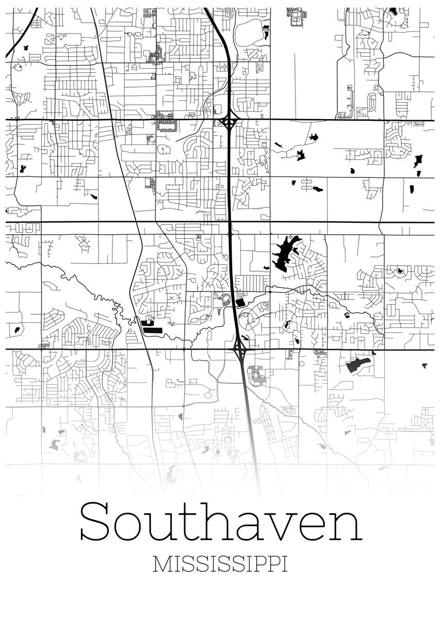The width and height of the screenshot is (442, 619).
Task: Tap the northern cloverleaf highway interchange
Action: [228, 123]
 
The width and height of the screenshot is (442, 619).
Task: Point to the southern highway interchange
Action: [239, 350]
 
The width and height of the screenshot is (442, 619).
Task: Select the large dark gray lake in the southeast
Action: [357, 365]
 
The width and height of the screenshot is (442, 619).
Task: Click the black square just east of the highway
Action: [240, 303]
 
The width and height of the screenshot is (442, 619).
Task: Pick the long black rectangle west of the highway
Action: [152, 328]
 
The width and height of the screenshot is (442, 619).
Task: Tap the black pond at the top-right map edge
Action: [393, 10]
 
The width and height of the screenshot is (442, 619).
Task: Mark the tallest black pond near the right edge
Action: [418, 161]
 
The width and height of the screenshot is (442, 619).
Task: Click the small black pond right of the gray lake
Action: [424, 366]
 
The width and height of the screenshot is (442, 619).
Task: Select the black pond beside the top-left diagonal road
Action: [25, 47]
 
